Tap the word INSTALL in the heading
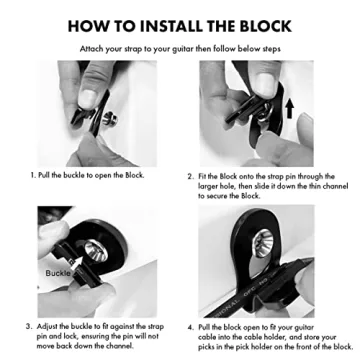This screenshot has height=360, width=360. click(x=170, y=24)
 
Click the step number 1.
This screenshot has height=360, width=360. click(x=34, y=175)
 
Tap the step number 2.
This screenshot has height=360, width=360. click(x=190, y=175)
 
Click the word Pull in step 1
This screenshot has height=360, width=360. click(x=48, y=175)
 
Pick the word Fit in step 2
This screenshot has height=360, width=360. click(x=205, y=175)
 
